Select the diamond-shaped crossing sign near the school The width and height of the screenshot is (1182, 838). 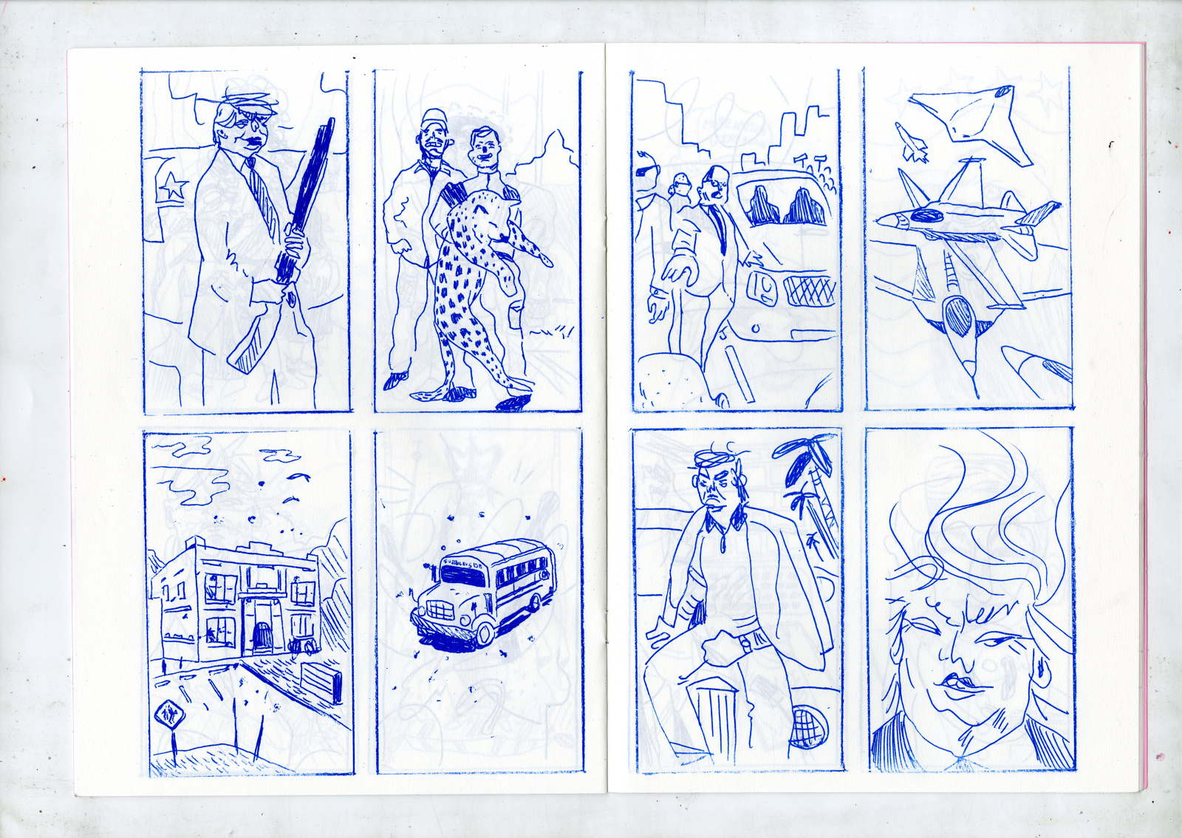tap(165, 715)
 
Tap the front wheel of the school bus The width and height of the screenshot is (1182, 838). tap(485, 633)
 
